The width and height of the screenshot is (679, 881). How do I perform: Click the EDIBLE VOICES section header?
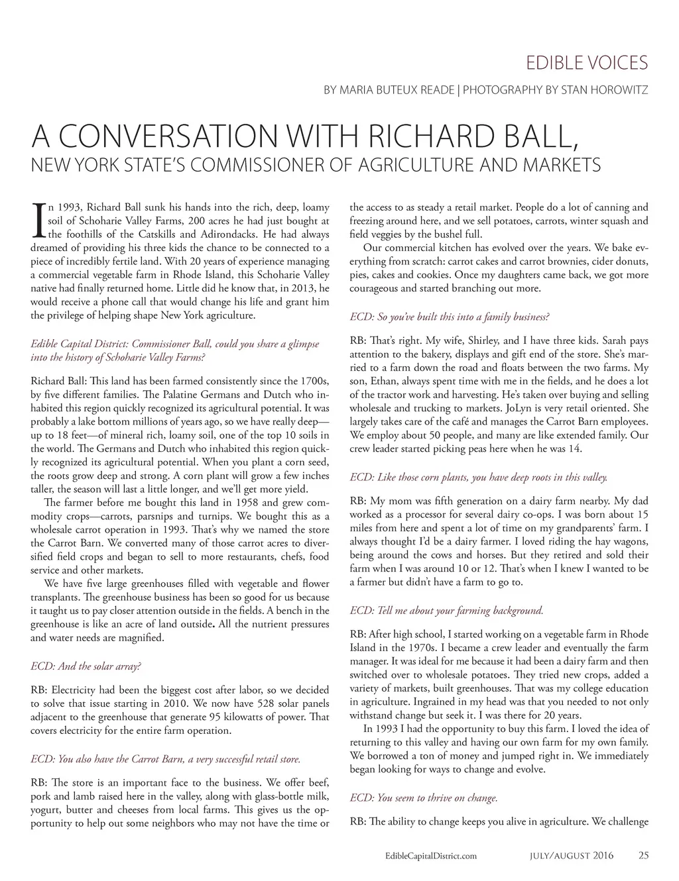tap(586, 63)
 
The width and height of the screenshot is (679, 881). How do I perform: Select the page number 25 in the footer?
tap(643, 855)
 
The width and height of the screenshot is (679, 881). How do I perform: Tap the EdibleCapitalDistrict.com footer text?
tap(431, 856)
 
